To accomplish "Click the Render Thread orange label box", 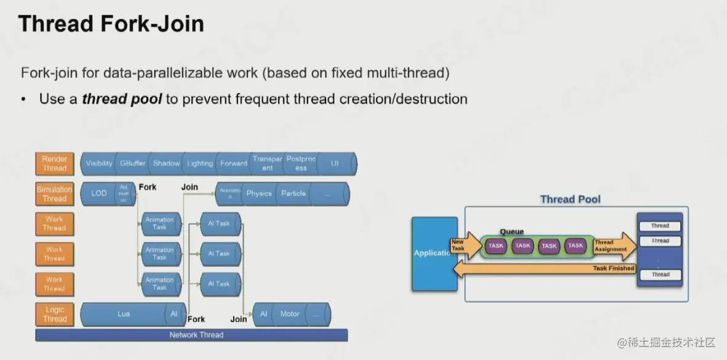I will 54,164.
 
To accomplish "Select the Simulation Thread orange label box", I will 54,194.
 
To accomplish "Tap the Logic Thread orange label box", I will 54,314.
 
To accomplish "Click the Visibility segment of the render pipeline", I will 99,164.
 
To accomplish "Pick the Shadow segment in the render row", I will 166,164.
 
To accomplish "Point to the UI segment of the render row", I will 335,164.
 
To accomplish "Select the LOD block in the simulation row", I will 99,194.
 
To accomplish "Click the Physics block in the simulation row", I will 259,194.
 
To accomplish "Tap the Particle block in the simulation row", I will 293,194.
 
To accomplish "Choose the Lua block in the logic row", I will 124,314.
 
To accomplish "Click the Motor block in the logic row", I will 290,314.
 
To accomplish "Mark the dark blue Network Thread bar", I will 192,335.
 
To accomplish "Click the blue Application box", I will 435,253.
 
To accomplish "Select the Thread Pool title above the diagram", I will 570,199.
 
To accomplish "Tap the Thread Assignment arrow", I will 613,246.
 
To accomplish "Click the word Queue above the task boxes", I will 512,232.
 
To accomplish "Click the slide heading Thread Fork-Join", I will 111,25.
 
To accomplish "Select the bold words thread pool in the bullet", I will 122,99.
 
